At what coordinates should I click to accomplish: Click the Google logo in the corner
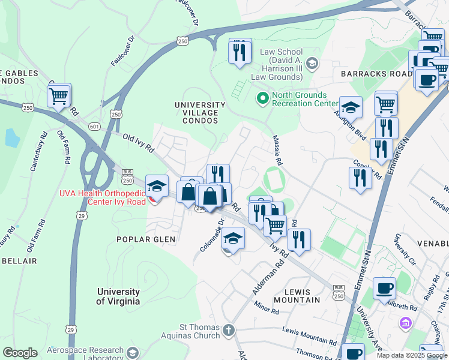pos(20,353)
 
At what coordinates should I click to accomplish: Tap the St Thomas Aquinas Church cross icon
pos(228,329)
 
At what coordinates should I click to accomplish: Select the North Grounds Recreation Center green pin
pos(262,97)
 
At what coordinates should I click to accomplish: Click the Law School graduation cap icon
pos(312,62)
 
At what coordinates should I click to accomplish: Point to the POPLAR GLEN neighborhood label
pos(147,239)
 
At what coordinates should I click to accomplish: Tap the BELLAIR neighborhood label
pos(20,261)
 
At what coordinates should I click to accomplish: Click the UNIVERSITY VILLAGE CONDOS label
pos(200,112)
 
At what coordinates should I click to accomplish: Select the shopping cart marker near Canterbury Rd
pos(59,95)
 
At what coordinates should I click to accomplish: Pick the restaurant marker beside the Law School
pos(240,52)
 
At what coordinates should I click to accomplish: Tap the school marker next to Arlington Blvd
pos(351,107)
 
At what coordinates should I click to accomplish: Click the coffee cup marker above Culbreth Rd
pos(384,287)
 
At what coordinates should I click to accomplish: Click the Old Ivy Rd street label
pos(136,141)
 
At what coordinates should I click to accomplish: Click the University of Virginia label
pos(119,296)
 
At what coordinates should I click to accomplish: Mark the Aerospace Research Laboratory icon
pos(132,352)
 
